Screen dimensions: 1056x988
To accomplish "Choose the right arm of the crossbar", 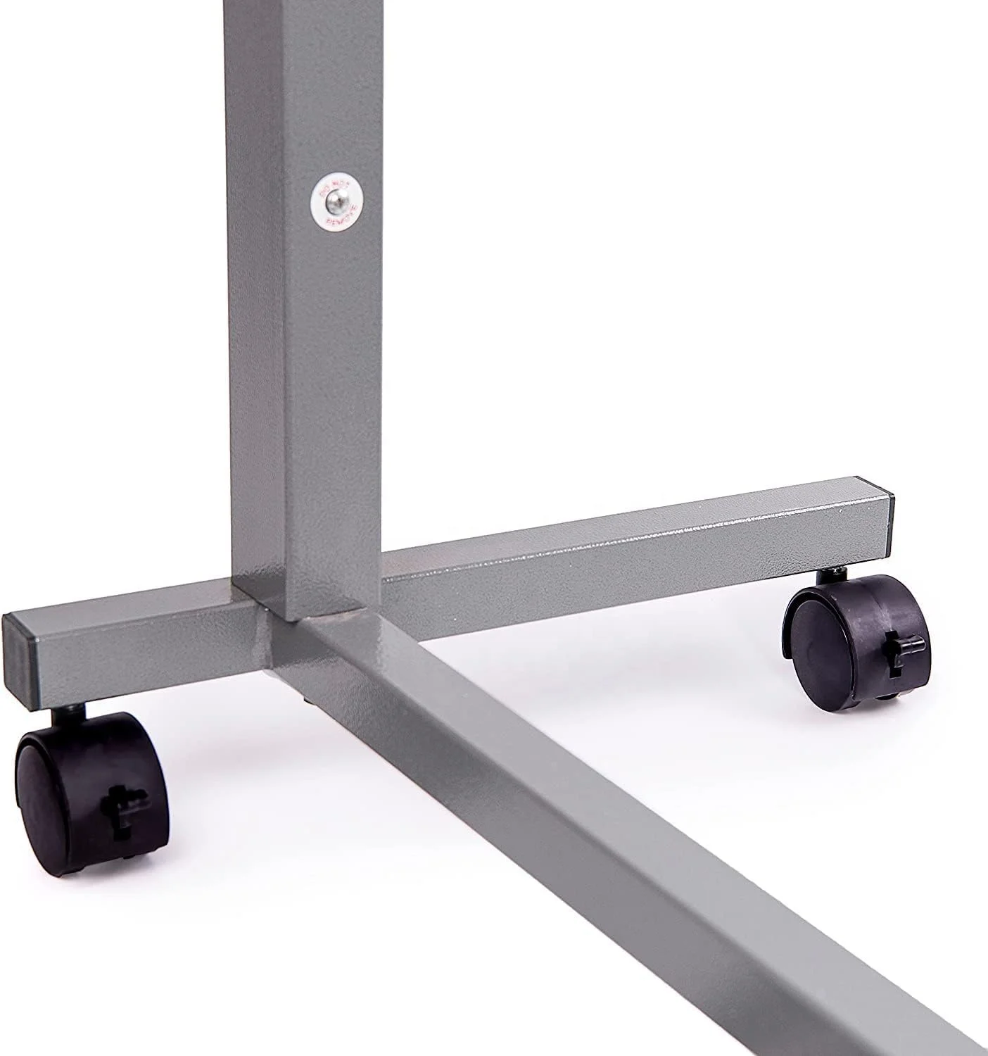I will coord(633,542).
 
